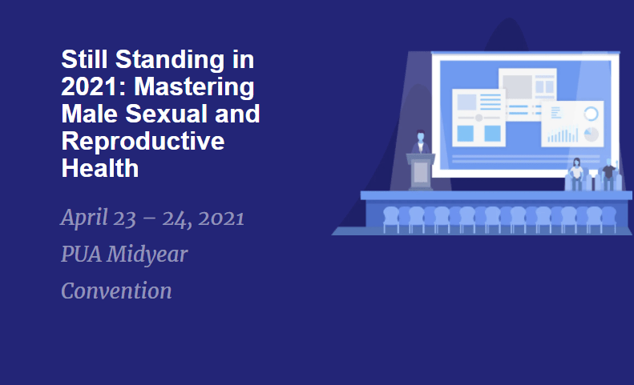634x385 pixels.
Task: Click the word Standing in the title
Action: click(169, 61)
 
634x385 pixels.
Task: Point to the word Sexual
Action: click(167, 114)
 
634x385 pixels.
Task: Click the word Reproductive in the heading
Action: click(143, 142)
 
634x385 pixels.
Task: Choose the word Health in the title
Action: click(100, 167)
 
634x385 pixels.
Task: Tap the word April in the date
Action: click(84, 219)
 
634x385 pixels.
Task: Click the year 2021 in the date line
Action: click(221, 219)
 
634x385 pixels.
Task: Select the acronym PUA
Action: click(81, 254)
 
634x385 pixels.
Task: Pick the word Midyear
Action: click(147, 255)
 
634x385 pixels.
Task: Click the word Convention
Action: click(116, 291)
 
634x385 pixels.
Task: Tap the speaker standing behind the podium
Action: click(421, 142)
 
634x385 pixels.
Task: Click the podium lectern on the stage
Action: click(421, 172)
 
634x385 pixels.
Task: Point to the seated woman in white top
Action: click(576, 174)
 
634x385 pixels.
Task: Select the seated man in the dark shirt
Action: click(609, 174)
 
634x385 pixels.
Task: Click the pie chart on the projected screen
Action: click(592, 134)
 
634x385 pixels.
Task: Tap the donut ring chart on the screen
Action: click(592, 114)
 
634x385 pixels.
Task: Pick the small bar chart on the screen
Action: click(563, 135)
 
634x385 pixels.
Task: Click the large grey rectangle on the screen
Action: click(517, 86)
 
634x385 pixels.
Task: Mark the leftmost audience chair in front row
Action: click(390, 220)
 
